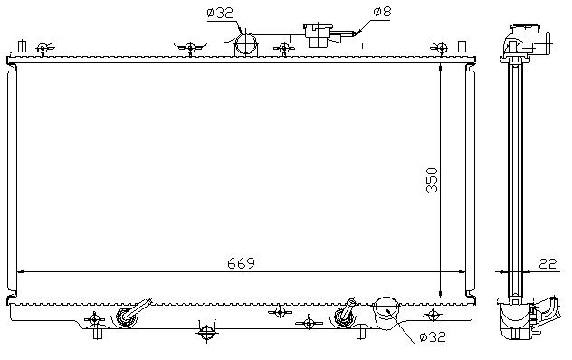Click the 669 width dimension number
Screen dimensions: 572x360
point(241,263)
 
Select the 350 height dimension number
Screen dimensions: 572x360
point(432,180)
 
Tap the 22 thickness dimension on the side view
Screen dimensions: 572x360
point(548,263)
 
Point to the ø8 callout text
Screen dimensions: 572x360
point(382,12)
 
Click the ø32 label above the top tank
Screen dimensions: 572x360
point(220,14)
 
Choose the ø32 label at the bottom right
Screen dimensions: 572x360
point(433,337)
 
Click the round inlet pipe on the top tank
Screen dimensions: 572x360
point(245,44)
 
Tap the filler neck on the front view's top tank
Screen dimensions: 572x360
point(318,35)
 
